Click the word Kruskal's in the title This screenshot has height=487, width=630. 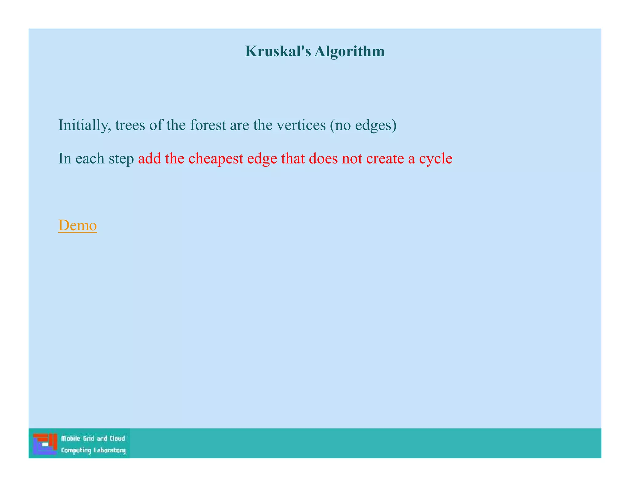[278, 51]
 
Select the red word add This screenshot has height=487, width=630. [150, 159]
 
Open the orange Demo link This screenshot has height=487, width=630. [78, 225]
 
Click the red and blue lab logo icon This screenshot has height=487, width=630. [45, 444]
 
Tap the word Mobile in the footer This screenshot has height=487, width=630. [70, 438]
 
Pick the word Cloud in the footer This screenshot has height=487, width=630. [117, 438]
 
